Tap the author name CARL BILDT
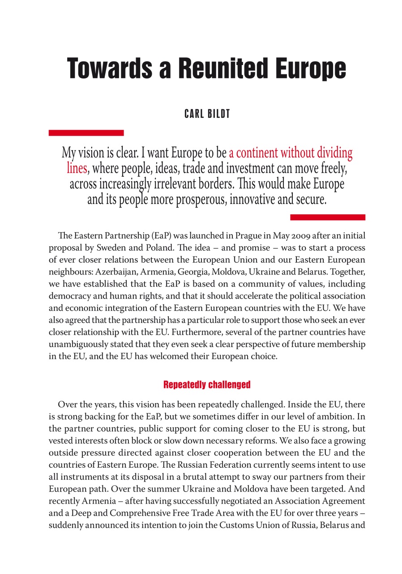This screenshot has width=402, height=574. [207, 114]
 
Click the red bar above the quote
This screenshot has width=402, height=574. [86, 133]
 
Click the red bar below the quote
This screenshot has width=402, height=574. [327, 217]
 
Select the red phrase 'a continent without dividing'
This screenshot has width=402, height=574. [290, 153]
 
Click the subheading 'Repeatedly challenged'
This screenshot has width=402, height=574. [207, 385]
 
